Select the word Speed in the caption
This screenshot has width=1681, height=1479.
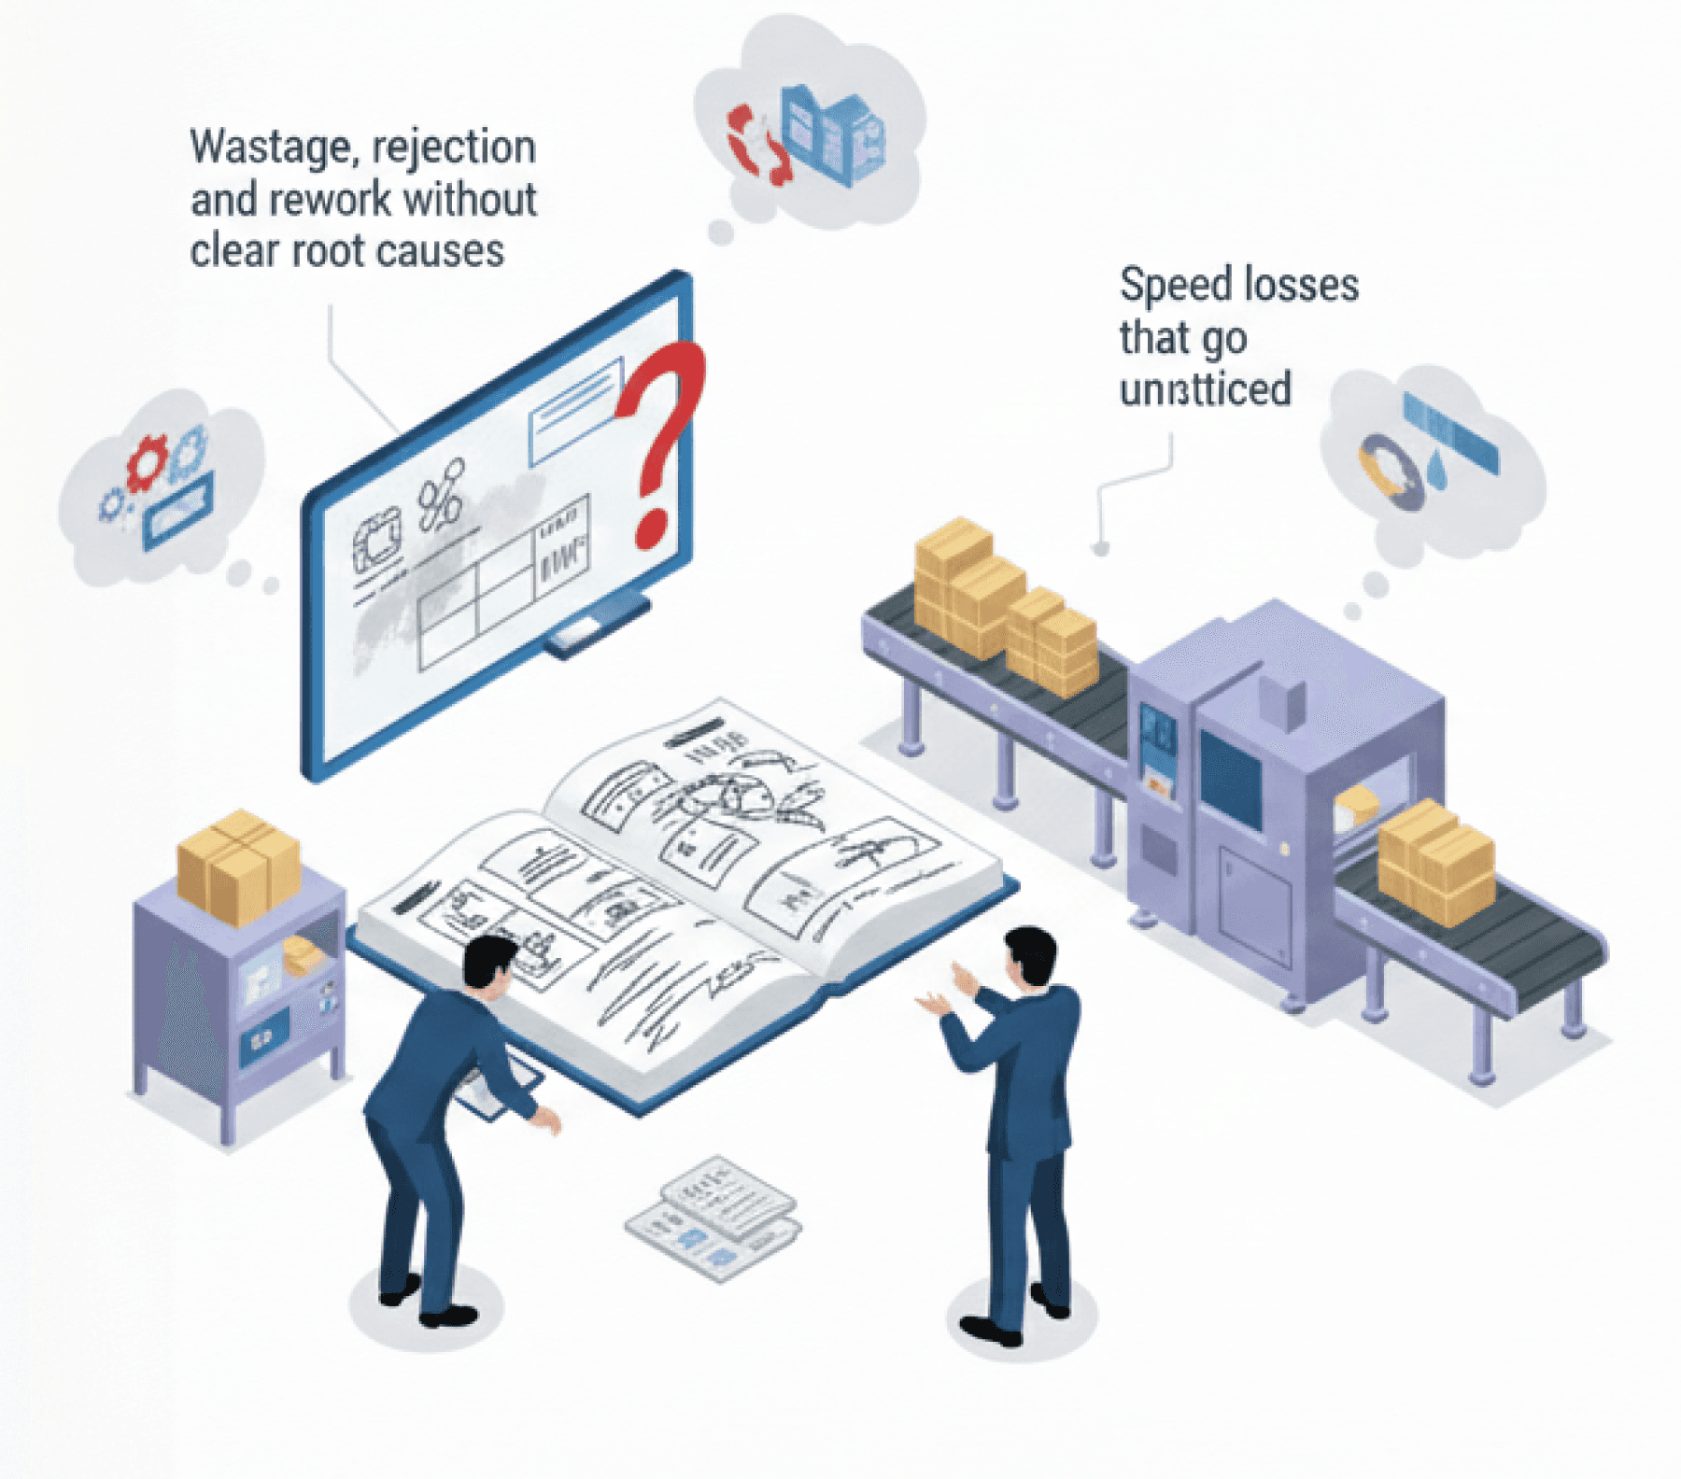1171,285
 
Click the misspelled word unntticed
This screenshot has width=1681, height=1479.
1205,389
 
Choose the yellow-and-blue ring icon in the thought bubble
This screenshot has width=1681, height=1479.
1390,472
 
